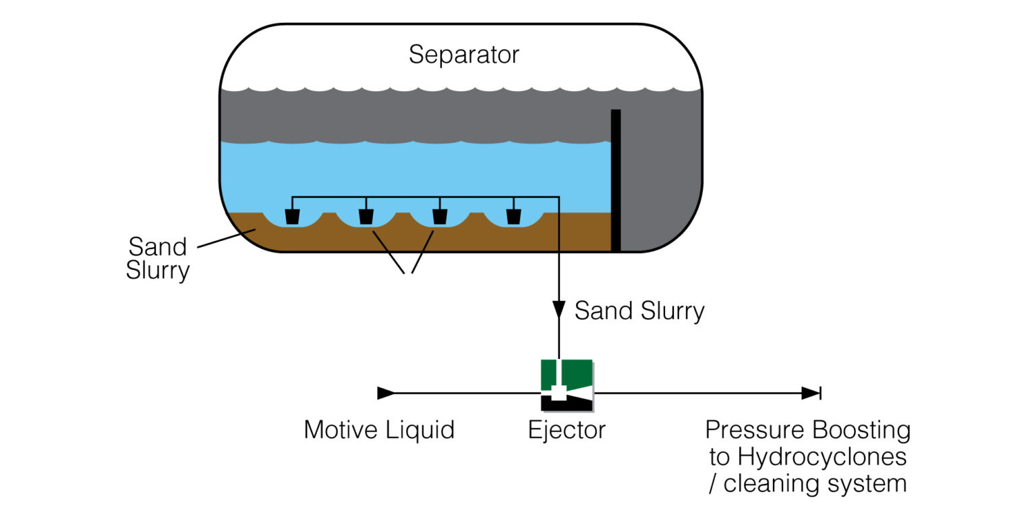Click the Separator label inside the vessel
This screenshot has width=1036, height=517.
pyautogui.click(x=464, y=54)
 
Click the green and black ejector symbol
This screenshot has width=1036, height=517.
pyautogui.click(x=567, y=385)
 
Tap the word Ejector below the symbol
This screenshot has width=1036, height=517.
pyautogui.click(x=567, y=430)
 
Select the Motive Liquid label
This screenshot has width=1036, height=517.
pyautogui.click(x=379, y=430)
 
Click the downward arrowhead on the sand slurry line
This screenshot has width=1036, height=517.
pyautogui.click(x=559, y=310)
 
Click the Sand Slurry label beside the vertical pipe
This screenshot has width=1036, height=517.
pyautogui.click(x=639, y=311)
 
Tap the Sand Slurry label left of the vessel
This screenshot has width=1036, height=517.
pyautogui.click(x=158, y=258)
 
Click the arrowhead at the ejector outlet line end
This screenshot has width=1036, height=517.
pyautogui.click(x=810, y=393)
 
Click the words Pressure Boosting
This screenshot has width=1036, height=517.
pyautogui.click(x=807, y=430)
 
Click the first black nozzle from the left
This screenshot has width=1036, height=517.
pyautogui.click(x=292, y=217)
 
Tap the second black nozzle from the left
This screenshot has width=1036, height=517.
pyautogui.click(x=366, y=217)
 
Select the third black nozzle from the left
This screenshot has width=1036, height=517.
pyautogui.click(x=440, y=217)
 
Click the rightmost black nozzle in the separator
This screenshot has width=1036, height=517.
pyautogui.click(x=513, y=217)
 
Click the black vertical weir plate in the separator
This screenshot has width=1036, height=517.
pyautogui.click(x=615, y=180)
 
